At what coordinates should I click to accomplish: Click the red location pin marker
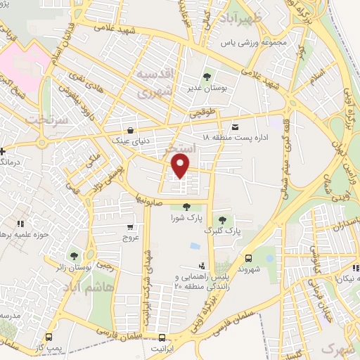181,166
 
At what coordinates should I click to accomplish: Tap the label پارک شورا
187,218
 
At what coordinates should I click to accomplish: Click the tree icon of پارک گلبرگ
224,220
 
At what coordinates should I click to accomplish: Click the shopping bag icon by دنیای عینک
131,129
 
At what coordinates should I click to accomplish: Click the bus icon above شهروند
249,257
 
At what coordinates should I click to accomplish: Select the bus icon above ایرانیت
162,337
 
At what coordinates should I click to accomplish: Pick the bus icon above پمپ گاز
48,337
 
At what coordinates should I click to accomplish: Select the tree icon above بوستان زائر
74,255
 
